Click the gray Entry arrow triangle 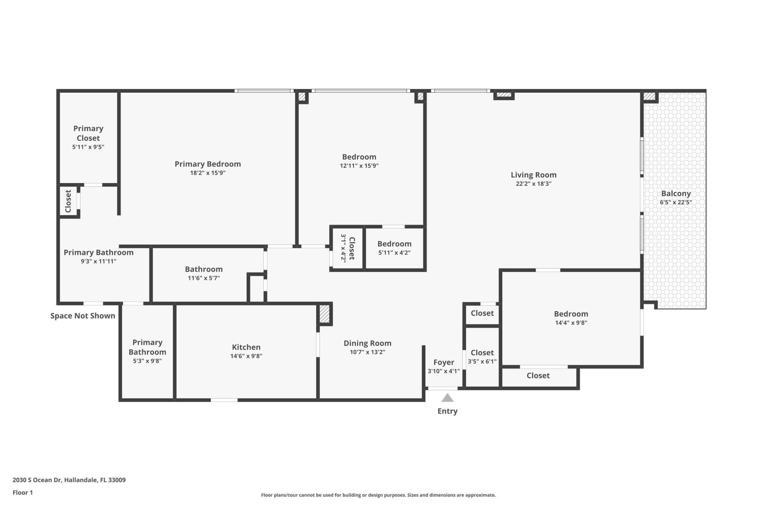(x=447, y=398)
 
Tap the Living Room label (x=533, y=175)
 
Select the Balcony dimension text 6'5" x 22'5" (x=676, y=202)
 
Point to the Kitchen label (x=246, y=347)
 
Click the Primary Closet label (x=88, y=133)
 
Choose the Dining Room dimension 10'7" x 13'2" (x=367, y=352)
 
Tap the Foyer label (x=444, y=362)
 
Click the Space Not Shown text (x=83, y=316)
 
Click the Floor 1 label (x=22, y=492)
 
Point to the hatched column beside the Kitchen (x=324, y=314)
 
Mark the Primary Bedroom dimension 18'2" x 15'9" (x=207, y=173)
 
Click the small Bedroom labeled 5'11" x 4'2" (x=394, y=244)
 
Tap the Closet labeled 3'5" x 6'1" (x=482, y=353)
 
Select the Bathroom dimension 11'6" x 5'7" (x=203, y=278)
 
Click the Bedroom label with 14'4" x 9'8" (x=571, y=314)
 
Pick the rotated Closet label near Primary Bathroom (x=68, y=201)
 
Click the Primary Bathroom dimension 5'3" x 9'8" (x=147, y=361)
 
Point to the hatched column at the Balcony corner (x=649, y=96)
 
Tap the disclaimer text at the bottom (x=378, y=495)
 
